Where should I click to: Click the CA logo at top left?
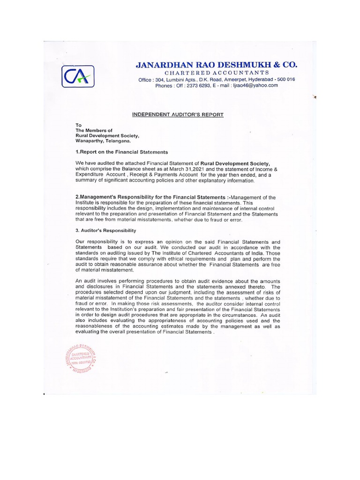[78, 75]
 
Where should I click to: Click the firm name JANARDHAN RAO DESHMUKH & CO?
[216, 65]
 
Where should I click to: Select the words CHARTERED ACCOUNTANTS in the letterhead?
[216, 73]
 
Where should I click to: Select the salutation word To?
[78, 125]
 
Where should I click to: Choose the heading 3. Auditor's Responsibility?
[105, 230]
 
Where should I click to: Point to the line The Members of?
[92, 130]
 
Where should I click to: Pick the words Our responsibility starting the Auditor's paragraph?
[97, 241]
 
